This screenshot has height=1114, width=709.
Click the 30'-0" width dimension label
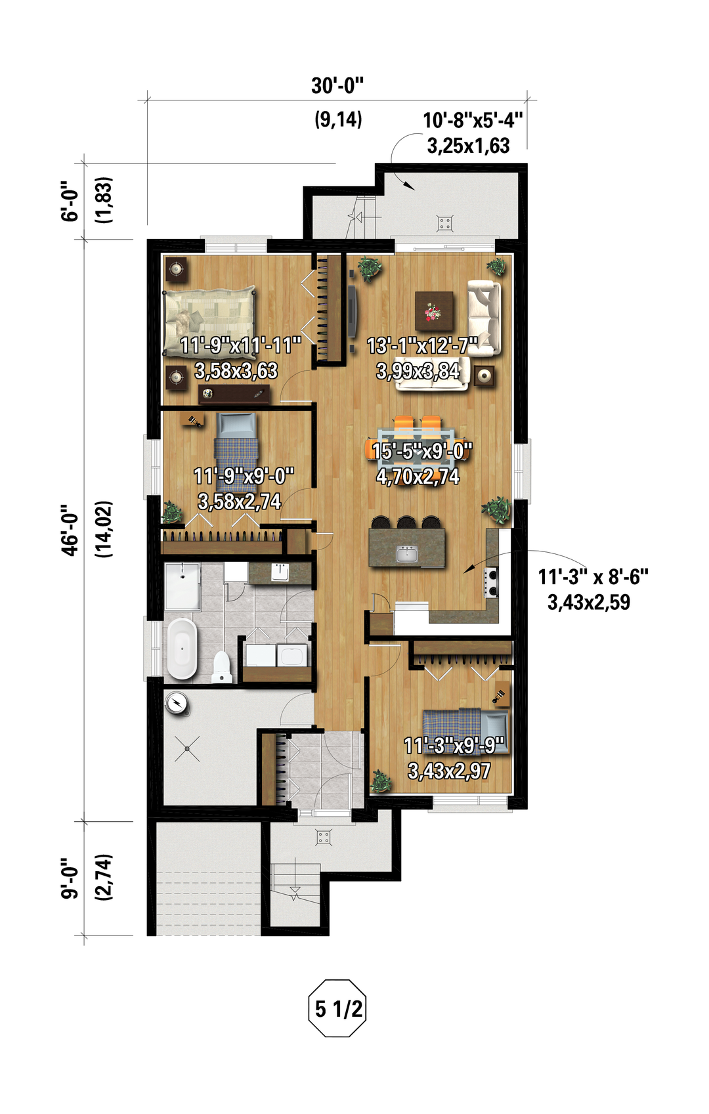(337, 85)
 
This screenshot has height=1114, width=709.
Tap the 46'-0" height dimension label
(70, 530)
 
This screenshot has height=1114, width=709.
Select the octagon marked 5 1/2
(337, 1008)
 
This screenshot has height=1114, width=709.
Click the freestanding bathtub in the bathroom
(181, 649)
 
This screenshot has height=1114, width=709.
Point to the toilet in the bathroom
(222, 668)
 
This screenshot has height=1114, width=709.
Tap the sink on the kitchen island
(407, 554)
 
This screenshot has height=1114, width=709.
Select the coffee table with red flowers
(434, 311)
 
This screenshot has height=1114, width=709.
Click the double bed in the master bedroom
(210, 321)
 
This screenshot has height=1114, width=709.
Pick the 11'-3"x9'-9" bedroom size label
(454, 746)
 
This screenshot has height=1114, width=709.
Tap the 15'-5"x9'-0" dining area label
(421, 452)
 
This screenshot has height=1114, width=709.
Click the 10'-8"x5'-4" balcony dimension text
(472, 120)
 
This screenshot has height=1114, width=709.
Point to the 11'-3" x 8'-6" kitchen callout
(593, 578)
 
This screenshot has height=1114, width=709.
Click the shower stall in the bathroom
(182, 586)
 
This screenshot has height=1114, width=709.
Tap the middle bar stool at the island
(406, 522)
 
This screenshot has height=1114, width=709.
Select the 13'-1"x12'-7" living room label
(422, 346)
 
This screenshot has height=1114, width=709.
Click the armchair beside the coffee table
(484, 318)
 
